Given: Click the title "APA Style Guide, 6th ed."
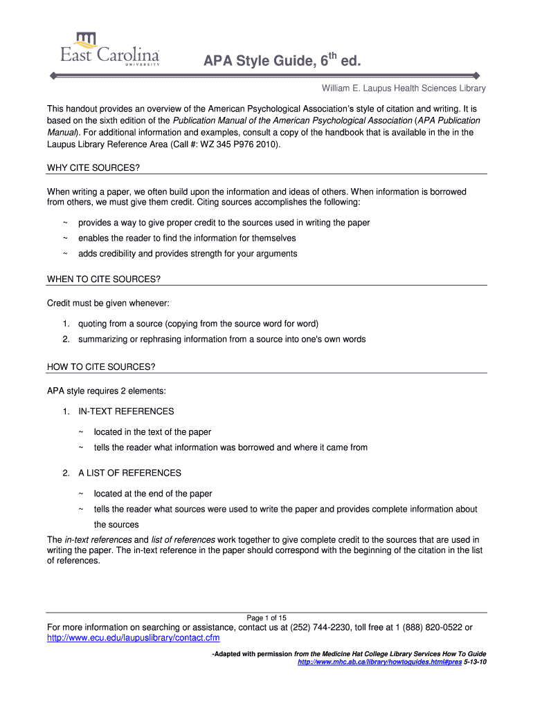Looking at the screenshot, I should (x=282, y=63).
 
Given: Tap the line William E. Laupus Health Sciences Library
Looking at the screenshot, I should (x=402, y=88).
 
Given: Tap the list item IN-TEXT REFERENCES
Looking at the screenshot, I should (x=125, y=411).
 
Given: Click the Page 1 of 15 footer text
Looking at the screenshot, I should (x=266, y=617).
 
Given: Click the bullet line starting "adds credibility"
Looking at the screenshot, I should (x=187, y=253).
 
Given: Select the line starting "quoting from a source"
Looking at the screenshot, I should (x=198, y=324).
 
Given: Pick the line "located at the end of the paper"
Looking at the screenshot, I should (x=153, y=494).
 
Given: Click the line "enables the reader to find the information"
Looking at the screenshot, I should (x=187, y=238).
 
